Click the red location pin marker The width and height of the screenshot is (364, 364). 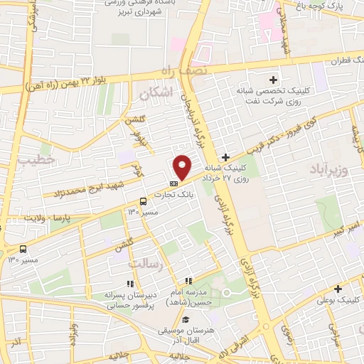[x=183, y=168]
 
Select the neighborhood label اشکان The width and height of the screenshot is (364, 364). [x=156, y=93]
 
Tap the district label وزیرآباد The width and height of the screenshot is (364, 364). [x=328, y=171]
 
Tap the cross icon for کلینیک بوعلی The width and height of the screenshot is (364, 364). [x=338, y=289]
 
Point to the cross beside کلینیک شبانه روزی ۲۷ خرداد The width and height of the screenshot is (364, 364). [x=225, y=157]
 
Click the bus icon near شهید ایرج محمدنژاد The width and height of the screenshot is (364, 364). [x=144, y=201]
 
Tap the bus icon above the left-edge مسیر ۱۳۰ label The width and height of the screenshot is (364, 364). [x=24, y=250]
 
